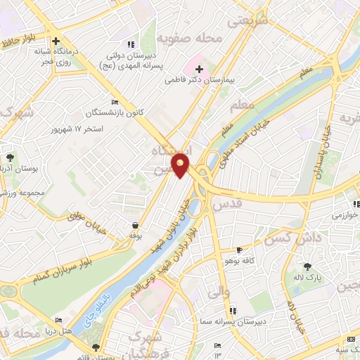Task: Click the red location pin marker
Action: point(181,165)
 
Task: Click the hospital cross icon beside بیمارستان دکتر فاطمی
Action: point(199,69)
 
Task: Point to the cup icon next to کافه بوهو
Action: point(240,250)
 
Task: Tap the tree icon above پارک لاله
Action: point(307,266)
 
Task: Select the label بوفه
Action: point(135,236)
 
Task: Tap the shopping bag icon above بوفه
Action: point(135,225)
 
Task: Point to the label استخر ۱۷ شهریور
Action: point(78,130)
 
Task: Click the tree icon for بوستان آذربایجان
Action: point(10,157)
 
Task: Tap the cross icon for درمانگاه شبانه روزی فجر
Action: point(55,41)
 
